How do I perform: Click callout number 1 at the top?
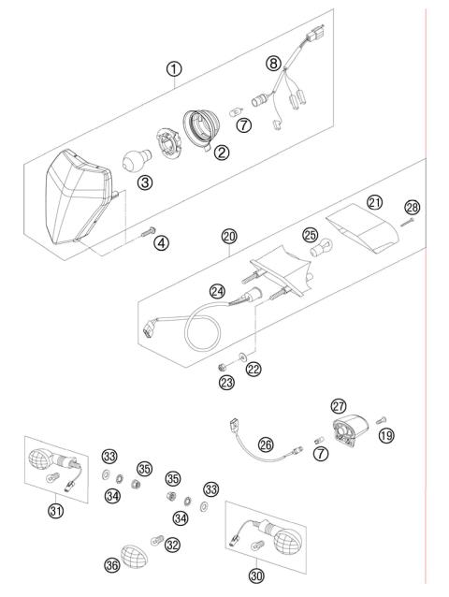[174, 69]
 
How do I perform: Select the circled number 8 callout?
[273, 64]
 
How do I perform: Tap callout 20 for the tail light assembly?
[229, 238]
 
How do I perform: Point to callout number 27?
[338, 405]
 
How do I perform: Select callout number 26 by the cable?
[268, 444]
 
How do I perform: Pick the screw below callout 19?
[383, 418]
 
